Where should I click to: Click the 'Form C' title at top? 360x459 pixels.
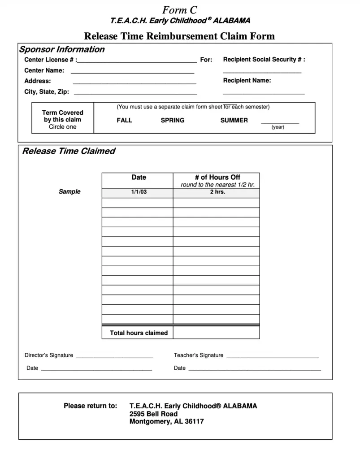coord(180,10)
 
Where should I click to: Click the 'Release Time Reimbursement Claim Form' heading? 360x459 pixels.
coord(179,36)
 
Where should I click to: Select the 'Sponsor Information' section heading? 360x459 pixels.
coord(61,50)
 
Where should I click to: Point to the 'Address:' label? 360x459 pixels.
coord(38,81)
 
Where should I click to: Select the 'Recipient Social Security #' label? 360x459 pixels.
coord(264,60)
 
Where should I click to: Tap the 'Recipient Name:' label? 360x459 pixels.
coord(247,81)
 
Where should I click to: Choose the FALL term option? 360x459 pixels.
coord(125,120)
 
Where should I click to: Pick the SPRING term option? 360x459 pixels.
coord(173,120)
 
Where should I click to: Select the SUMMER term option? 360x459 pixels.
coord(234,120)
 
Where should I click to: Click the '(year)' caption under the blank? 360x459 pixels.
coord(278,127)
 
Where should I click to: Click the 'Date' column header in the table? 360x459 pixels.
coord(139,178)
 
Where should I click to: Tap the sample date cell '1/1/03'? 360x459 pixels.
coord(139,192)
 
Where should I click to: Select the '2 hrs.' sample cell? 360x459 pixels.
coord(217,192)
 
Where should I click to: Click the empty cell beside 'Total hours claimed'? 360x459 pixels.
coord(216,333)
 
